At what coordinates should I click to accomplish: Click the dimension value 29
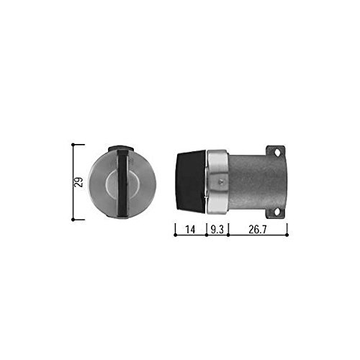tap(78, 182)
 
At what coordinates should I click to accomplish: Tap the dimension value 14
tap(190, 230)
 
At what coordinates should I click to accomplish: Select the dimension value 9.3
tap(217, 230)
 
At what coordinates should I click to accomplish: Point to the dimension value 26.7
tap(257, 230)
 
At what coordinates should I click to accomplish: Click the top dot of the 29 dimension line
tap(73, 145)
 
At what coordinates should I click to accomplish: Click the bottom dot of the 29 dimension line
tap(73, 220)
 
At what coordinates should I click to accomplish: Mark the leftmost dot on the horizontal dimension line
tap(176, 235)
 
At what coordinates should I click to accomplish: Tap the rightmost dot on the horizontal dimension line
tap(287, 235)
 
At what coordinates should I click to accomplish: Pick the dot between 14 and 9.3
tap(207, 235)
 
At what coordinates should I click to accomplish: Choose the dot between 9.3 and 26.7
tap(228, 235)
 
